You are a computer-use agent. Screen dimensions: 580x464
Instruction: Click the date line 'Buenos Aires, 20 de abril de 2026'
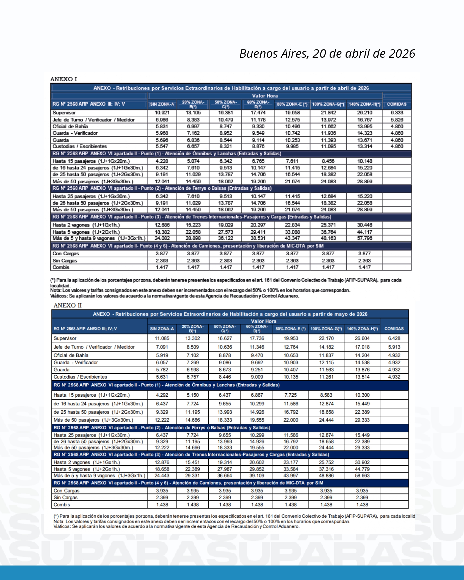(x=327, y=53)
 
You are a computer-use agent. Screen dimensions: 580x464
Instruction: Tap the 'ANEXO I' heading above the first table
(x=63, y=79)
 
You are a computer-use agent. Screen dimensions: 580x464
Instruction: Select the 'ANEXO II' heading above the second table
(x=67, y=305)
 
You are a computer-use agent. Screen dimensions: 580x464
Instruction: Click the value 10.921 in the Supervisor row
(x=162, y=113)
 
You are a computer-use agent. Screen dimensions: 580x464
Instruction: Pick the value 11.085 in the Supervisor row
(x=162, y=338)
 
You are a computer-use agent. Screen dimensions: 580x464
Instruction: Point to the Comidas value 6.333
(x=397, y=113)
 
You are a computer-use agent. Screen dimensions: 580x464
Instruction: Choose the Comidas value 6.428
(x=394, y=338)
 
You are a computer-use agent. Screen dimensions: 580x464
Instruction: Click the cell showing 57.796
(x=364, y=238)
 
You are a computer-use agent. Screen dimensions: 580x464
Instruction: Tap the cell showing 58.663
(x=362, y=476)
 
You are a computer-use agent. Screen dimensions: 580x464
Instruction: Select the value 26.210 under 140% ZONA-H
(x=364, y=113)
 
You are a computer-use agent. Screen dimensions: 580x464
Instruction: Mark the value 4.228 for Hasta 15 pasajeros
(x=162, y=161)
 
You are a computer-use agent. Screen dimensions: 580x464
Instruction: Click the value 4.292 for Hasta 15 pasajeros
(x=162, y=395)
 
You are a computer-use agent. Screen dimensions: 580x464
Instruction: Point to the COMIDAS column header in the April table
(x=397, y=104)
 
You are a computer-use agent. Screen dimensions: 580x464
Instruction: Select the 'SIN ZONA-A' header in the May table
(x=162, y=329)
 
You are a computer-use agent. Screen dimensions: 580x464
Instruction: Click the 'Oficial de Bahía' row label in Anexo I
(x=70, y=126)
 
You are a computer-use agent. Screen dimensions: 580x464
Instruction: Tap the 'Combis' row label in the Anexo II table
(x=62, y=505)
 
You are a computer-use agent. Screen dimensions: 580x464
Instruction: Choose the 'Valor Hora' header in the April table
(x=265, y=96)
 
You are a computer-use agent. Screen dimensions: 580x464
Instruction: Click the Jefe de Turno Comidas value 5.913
(x=394, y=347)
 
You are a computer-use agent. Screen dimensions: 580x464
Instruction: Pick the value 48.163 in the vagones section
(x=328, y=238)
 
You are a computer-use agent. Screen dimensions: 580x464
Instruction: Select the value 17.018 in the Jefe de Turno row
(x=362, y=347)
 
